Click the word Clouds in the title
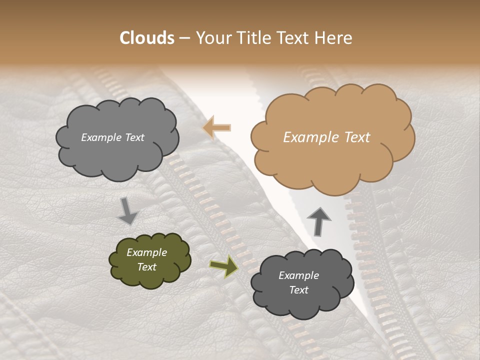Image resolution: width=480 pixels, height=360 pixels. (x=147, y=38)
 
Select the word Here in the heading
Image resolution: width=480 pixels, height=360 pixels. (x=335, y=38)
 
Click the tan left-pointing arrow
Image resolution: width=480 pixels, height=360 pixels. (x=217, y=128)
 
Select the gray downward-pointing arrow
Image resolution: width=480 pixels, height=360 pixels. (x=127, y=210)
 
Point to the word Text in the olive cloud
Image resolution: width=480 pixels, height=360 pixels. (x=147, y=267)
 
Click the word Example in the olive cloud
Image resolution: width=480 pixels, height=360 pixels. (x=147, y=252)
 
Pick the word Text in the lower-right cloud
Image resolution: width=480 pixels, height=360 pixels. (x=299, y=290)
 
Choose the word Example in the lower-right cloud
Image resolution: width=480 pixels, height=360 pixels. (x=299, y=275)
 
